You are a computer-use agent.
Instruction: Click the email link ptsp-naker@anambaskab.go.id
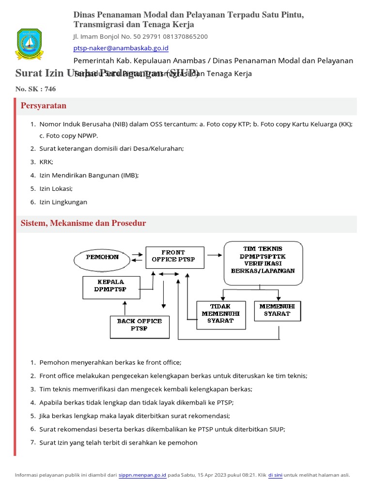pos(121,48)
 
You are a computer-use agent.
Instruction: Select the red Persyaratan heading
pos(44,106)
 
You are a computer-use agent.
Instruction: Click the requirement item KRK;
pos(46,162)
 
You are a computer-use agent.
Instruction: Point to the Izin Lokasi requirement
pos(56,188)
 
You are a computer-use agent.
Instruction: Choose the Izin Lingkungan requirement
pos(63,202)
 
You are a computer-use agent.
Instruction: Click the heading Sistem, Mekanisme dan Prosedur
pos(83,223)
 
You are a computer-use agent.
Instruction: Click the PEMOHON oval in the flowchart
pos(102,257)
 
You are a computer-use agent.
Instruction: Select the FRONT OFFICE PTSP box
pos(173,256)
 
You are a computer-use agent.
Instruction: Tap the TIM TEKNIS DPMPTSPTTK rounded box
pos(263,263)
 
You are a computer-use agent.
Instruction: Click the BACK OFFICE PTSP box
pos(139,325)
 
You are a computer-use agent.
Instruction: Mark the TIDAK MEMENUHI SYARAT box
pos(220,313)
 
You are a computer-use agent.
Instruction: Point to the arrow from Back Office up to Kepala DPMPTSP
pos(125,308)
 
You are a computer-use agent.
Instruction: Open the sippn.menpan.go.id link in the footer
pos(142,475)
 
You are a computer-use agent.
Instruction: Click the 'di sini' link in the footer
pos(275,475)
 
